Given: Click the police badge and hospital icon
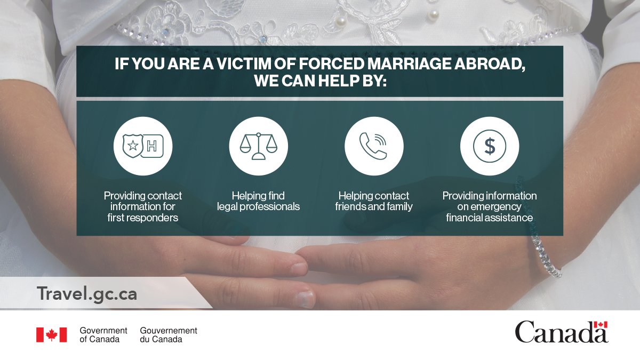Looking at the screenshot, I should click(x=143, y=146).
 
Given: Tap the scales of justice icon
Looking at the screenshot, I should click(x=258, y=146).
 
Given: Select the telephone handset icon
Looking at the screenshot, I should click(x=374, y=146).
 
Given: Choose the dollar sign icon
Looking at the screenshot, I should click(x=489, y=146).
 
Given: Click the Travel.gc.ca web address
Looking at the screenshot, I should click(x=87, y=293).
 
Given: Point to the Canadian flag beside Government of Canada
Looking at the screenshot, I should click(x=51, y=334).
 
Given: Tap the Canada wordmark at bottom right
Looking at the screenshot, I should click(x=561, y=332).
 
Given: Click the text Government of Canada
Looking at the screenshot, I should click(x=103, y=334).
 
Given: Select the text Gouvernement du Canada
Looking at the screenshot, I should click(x=168, y=334).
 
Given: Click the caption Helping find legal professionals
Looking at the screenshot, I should click(x=258, y=201).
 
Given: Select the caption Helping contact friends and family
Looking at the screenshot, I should click(x=374, y=201).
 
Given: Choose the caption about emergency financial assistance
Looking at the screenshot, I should click(x=489, y=206).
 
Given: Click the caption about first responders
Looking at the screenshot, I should click(x=143, y=206).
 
